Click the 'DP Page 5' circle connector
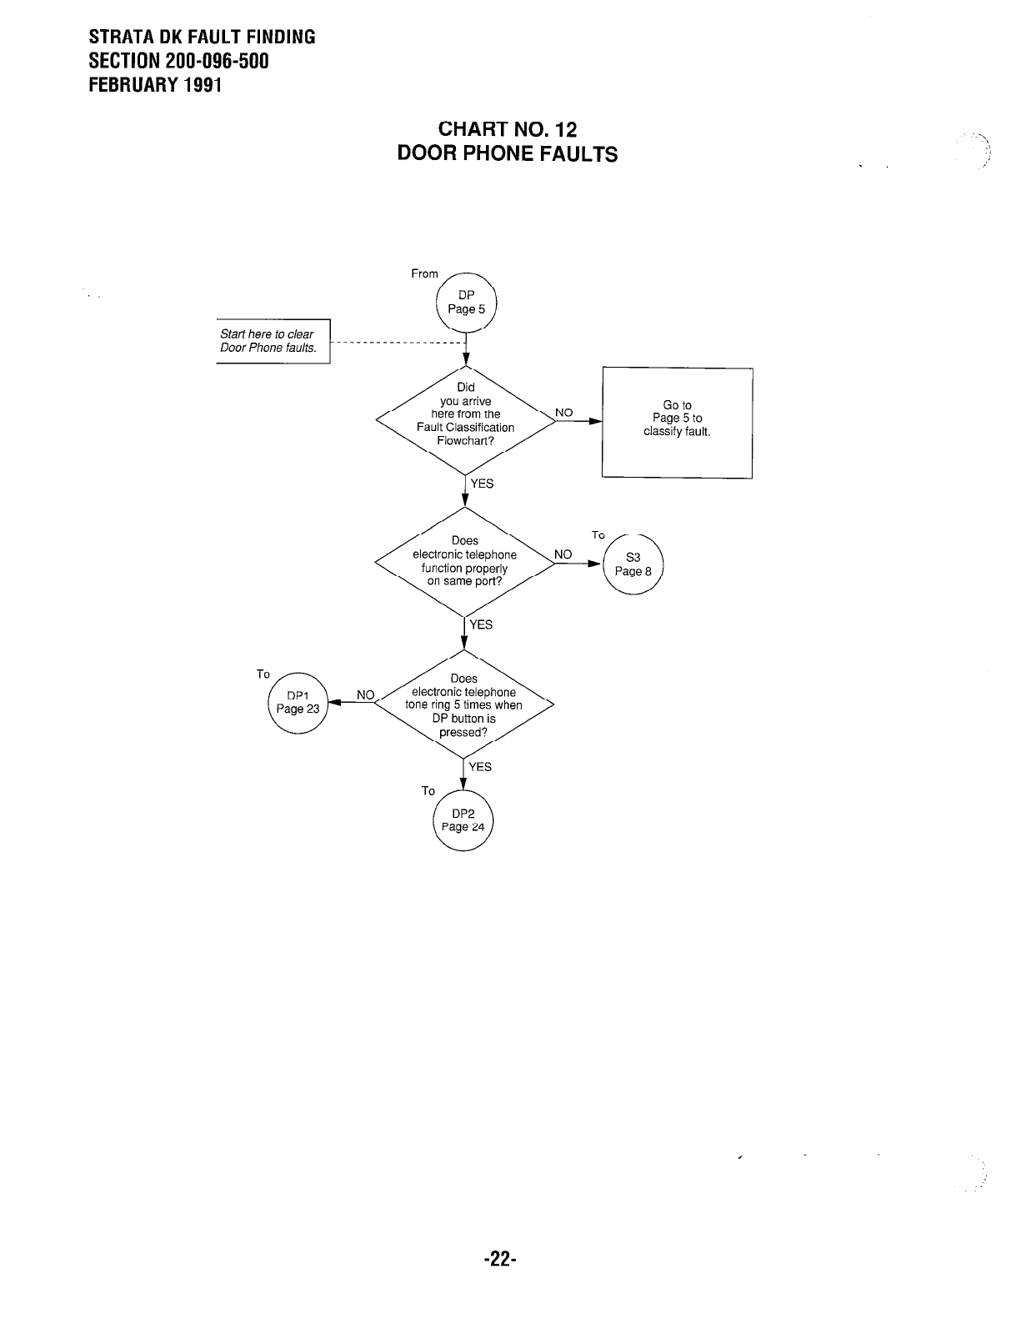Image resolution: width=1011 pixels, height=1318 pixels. [x=466, y=303]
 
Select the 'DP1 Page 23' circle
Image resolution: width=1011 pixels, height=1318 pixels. [x=298, y=702]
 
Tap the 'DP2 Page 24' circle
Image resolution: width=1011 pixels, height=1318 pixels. [x=463, y=820]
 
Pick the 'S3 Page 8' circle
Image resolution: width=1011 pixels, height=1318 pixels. [x=633, y=565]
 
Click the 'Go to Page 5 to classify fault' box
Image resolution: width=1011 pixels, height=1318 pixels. [x=677, y=422]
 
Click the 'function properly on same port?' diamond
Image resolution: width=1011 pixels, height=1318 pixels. [x=465, y=561]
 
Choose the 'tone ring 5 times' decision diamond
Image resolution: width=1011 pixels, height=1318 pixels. [x=464, y=705]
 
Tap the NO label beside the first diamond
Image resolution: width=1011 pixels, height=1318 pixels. [x=564, y=412]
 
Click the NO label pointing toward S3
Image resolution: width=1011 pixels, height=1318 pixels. [x=563, y=554]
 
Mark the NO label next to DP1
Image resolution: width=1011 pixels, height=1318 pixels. [x=366, y=694]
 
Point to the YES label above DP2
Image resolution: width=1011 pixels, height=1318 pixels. [x=480, y=767]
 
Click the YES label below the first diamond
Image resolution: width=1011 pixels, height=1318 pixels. [x=482, y=484]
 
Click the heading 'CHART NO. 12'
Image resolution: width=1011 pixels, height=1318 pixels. [x=507, y=129]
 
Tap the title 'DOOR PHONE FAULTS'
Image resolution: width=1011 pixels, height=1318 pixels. [x=507, y=154]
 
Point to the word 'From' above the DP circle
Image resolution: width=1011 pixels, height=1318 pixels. [x=424, y=273]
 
